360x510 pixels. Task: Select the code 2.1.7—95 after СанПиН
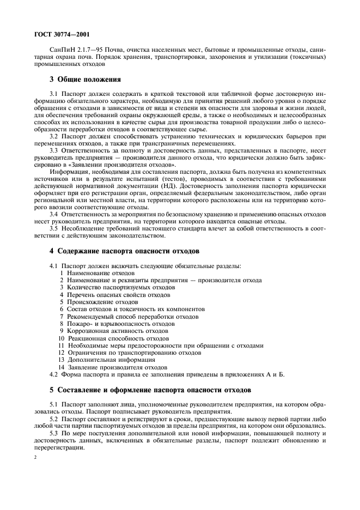point(89,50)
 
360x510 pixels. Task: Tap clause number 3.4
point(54,215)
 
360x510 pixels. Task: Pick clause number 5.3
point(54,432)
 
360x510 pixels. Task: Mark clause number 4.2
point(54,374)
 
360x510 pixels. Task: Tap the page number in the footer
point(34,458)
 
